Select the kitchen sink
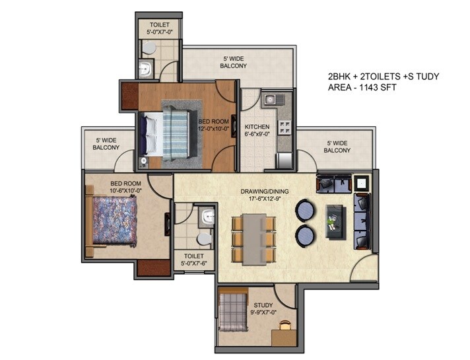coord(271,100)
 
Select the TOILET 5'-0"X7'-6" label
coord(194,260)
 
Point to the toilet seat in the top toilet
coord(151,48)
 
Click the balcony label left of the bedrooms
coord(106,144)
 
